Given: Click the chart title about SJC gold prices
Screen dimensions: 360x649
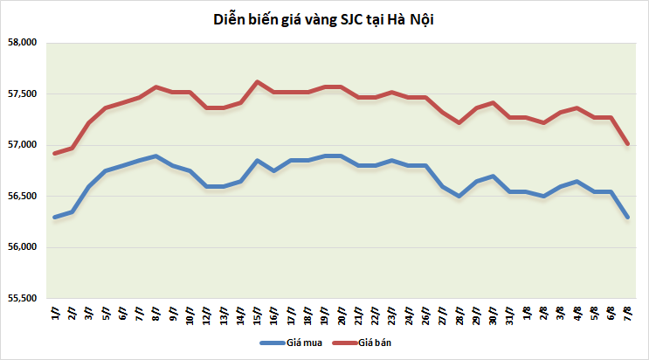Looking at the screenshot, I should coord(324,18).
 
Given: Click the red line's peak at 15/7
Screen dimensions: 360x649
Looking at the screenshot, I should coord(258,82).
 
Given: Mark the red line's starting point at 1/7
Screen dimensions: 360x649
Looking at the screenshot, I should coord(55,153).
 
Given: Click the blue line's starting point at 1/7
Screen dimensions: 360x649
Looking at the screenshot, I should coord(55,218).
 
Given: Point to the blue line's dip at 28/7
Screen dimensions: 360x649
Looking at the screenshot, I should coord(459,197).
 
